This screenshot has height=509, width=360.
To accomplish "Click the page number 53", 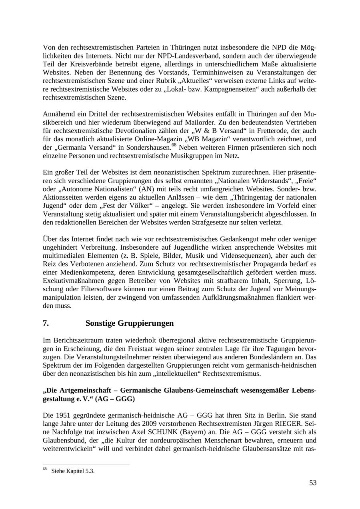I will tap(312, 483).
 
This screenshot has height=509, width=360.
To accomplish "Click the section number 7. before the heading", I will tap(46, 323).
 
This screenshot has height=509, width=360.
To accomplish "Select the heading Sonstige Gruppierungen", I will tap(130, 323).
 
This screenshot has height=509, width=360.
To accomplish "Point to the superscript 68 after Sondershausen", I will tap(174, 145).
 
